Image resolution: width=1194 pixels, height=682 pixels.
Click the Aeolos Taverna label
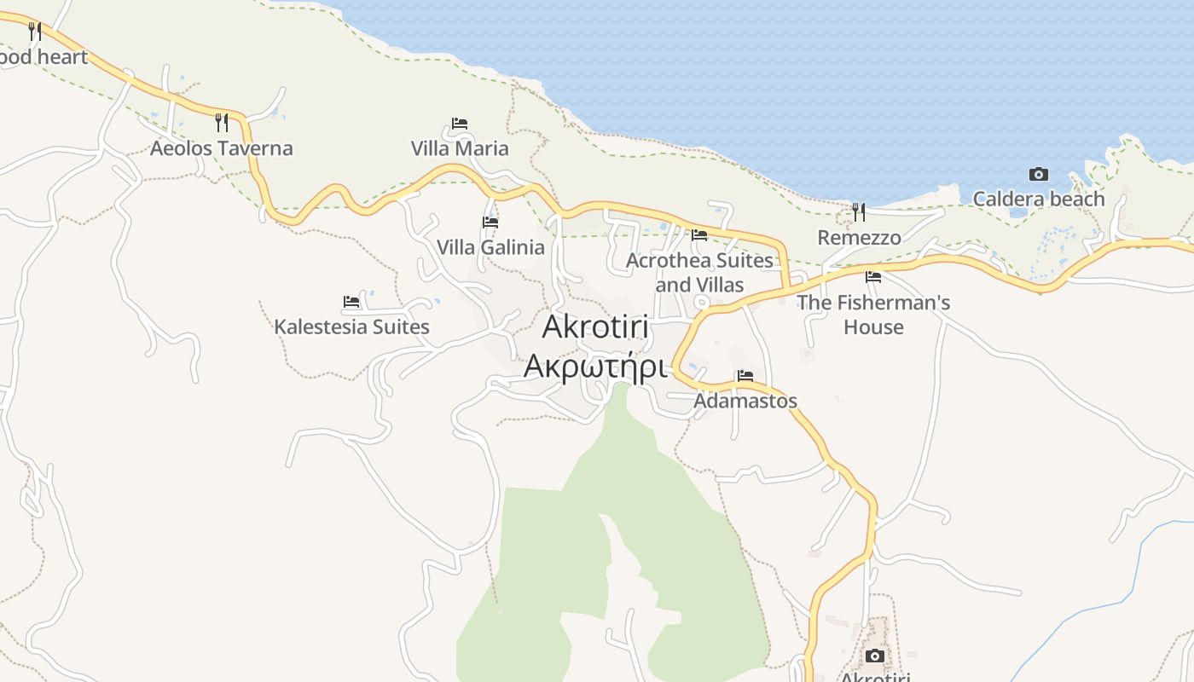221,148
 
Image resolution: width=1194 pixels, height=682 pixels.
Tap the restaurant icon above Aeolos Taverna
221,123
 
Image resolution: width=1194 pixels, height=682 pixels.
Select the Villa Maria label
460,148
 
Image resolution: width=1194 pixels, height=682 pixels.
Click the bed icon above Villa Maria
460,124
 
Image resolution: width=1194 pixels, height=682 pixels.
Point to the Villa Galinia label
490,247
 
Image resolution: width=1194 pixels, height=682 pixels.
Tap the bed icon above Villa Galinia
490,223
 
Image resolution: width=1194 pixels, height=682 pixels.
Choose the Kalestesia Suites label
351,327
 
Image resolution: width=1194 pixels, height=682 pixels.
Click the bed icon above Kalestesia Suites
351,302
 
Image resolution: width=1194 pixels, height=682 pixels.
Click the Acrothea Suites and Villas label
699,272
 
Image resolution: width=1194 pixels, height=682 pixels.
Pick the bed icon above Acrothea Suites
699,235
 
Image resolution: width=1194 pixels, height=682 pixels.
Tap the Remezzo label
859,237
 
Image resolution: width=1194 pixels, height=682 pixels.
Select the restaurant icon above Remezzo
859,211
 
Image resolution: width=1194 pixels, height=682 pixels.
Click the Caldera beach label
1038,199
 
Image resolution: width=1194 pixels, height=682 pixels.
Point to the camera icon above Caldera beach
1038,175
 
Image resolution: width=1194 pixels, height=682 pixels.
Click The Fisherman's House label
873,315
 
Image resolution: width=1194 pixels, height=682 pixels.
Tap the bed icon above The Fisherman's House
873,277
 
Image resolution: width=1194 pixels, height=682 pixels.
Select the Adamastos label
745,401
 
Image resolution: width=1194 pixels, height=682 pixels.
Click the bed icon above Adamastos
745,376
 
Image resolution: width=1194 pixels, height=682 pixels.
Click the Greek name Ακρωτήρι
594,365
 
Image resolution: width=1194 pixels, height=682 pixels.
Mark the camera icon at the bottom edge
874,656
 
